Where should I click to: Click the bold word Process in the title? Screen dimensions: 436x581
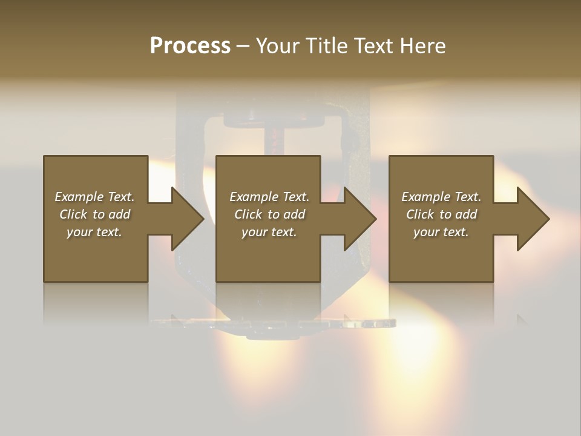click(x=190, y=46)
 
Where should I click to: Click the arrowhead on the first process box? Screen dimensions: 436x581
click(x=187, y=219)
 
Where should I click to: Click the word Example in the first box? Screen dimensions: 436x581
click(x=79, y=197)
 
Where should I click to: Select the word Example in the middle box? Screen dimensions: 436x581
click(x=254, y=197)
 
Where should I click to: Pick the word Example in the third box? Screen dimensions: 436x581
click(x=425, y=197)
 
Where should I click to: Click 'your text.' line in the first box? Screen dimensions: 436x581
click(x=94, y=232)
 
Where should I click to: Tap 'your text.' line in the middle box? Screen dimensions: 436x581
click(x=269, y=232)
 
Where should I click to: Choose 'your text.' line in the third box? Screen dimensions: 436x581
click(x=441, y=232)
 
